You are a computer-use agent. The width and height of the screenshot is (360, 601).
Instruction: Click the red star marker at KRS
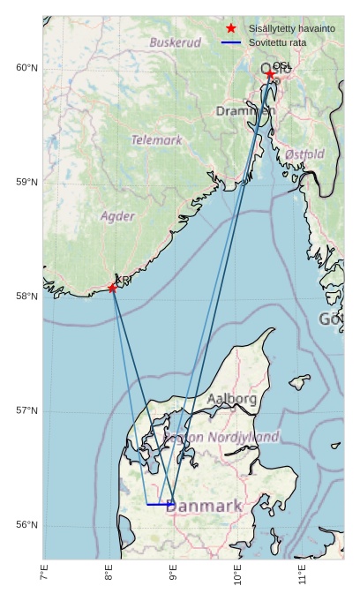point(112,288)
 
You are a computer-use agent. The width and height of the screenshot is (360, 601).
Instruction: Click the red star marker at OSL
point(271,75)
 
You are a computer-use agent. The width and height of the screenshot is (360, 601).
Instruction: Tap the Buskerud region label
point(175,42)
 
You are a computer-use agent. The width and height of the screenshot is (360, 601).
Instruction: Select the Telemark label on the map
point(156,139)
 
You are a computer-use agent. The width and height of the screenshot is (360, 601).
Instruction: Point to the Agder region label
point(117,216)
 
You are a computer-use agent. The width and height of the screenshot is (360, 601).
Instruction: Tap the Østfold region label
point(304,154)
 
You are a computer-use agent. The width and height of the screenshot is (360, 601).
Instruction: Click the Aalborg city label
point(232,399)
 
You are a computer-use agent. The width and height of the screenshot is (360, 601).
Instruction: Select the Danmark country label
point(204,507)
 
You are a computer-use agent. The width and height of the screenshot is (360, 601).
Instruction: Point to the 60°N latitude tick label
point(27,68)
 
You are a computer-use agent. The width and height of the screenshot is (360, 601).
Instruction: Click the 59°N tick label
point(27,182)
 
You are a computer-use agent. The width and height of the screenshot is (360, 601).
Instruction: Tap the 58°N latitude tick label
point(27,297)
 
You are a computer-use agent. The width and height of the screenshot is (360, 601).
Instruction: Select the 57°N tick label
point(27,410)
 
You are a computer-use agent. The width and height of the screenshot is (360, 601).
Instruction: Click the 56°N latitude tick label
point(27,525)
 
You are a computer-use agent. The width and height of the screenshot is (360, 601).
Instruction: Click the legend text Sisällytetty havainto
point(291,29)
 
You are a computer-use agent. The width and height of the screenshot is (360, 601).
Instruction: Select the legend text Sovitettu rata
point(277,42)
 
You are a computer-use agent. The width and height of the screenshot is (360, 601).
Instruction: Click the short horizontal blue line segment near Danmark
point(160,504)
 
